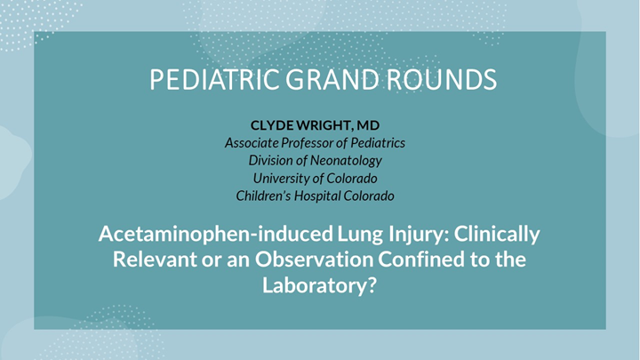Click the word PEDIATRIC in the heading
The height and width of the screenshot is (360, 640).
[211, 79]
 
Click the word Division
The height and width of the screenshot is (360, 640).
[274, 161]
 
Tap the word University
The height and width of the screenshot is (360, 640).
[276, 179]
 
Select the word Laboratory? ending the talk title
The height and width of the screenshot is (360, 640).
[320, 287]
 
